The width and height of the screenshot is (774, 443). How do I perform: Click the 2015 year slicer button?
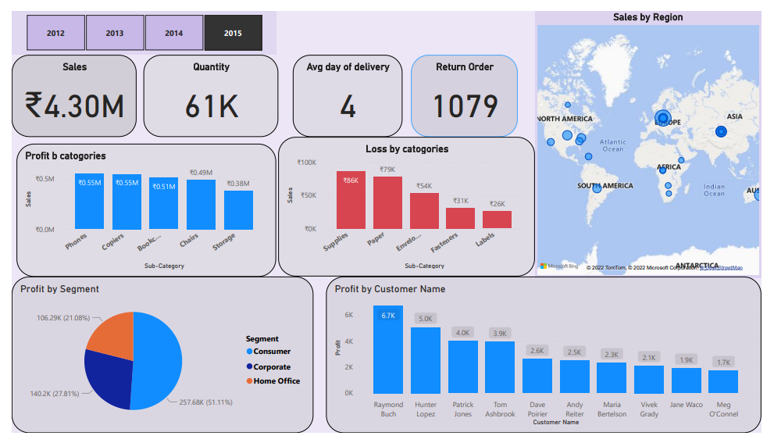click(x=234, y=34)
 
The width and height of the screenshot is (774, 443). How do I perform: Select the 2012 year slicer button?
click(x=55, y=34)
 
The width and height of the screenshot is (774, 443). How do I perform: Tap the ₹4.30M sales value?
click(x=74, y=105)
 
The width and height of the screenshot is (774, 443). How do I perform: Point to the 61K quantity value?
click(x=211, y=105)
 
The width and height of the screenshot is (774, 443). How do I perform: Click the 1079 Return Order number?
click(x=465, y=105)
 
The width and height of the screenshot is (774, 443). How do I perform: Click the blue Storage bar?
click(x=238, y=209)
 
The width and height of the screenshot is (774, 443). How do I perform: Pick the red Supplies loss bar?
click(x=351, y=200)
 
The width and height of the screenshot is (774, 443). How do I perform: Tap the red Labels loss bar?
click(x=497, y=220)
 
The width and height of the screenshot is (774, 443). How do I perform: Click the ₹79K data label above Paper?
click(x=387, y=170)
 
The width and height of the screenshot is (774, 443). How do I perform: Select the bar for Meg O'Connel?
click(x=723, y=381)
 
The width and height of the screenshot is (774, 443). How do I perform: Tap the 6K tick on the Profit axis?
click(x=349, y=315)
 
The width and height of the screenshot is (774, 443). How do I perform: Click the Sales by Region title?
click(x=647, y=17)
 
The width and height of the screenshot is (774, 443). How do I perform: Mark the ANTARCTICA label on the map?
click(x=697, y=266)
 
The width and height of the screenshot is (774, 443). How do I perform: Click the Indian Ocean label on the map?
click(x=714, y=190)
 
